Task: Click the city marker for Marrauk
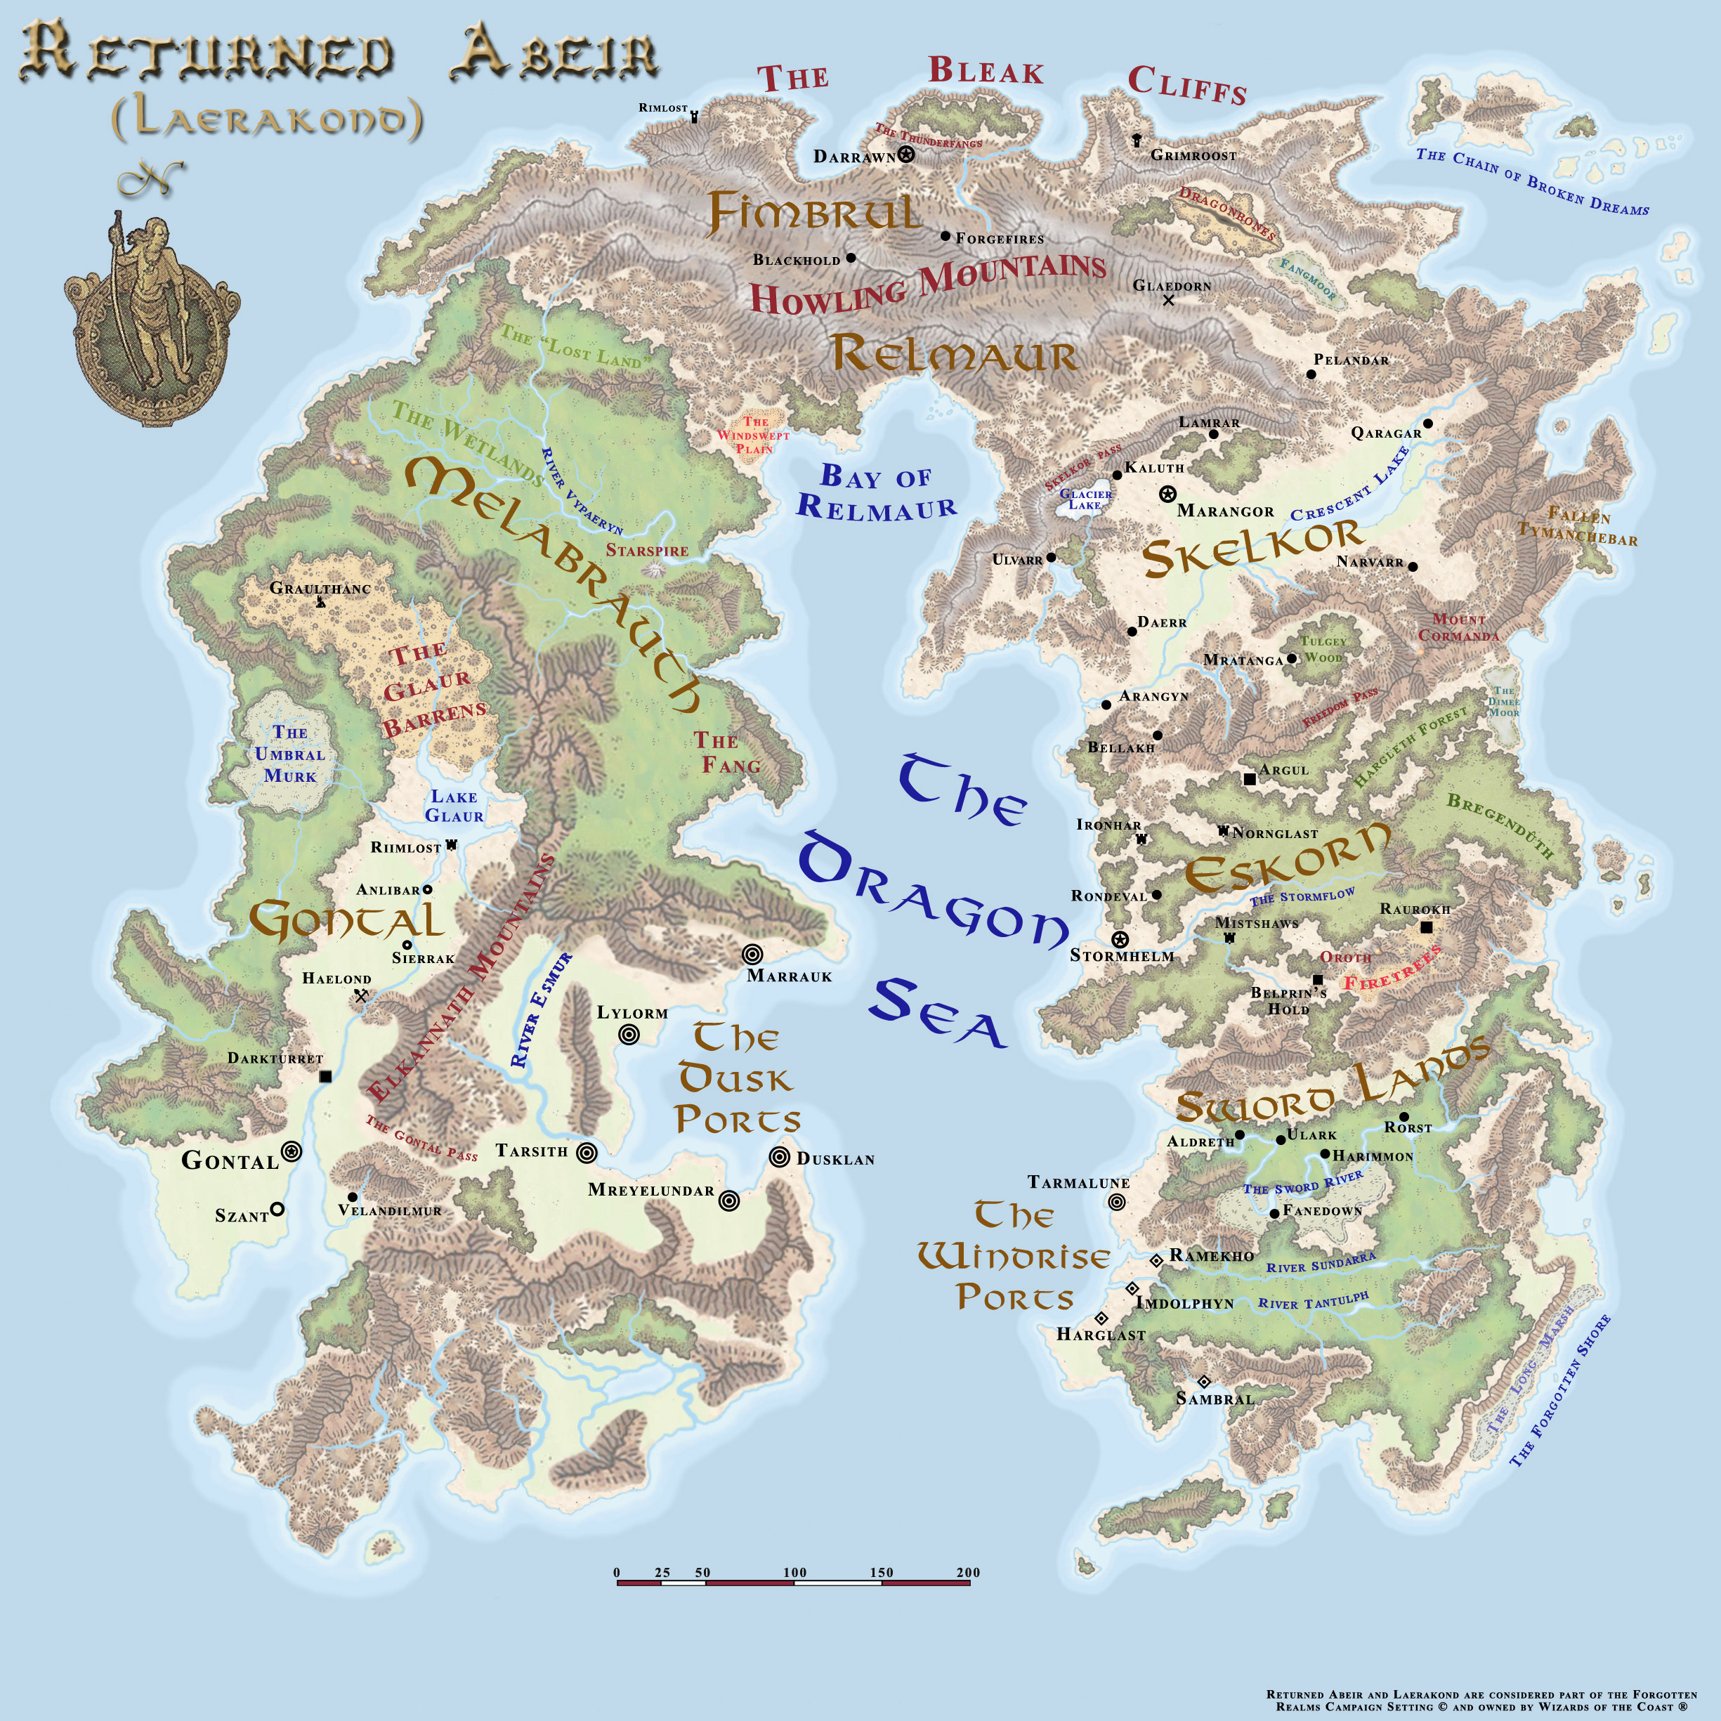[752, 954]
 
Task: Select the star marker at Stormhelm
[1120, 940]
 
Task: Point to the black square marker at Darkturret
[325, 1076]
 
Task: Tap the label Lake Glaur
[454, 806]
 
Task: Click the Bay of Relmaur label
[876, 492]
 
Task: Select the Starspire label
[647, 551]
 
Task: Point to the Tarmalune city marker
[1116, 1202]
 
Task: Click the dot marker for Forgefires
[945, 236]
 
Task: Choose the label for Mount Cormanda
[1458, 627]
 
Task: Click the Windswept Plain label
[754, 436]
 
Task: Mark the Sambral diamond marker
[1203, 1382]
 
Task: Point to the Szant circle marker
[277, 1209]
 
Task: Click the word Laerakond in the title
[267, 120]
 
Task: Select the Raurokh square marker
[1426, 927]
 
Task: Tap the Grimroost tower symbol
[1137, 140]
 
